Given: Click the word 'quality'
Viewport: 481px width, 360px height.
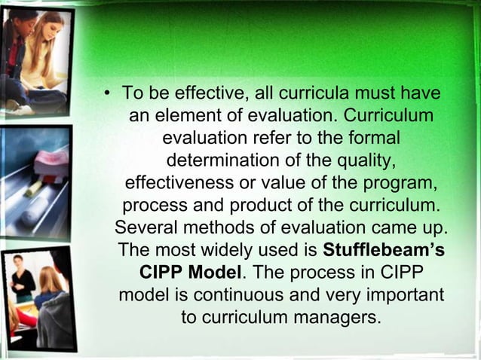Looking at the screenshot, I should coord(364,162).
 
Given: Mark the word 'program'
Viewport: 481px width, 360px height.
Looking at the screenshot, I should coord(403,184).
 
